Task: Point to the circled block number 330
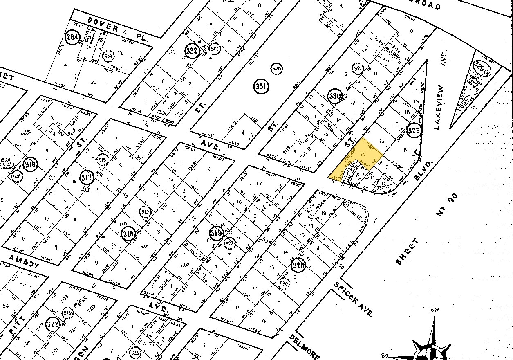(x=334, y=97)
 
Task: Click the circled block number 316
(x=31, y=164)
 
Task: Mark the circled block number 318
(x=128, y=233)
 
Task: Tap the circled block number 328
(x=298, y=265)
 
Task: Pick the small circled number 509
(x=108, y=56)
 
